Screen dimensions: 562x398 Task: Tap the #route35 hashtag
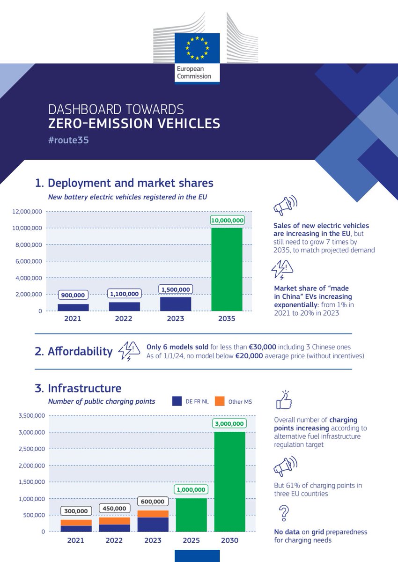(68, 140)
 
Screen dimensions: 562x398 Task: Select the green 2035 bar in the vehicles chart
(227, 269)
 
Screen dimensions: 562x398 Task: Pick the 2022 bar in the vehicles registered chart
(124, 306)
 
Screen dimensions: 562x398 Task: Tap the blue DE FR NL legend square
(177, 401)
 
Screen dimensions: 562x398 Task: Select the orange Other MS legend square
(220, 401)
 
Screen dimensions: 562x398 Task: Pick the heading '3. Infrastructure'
(78, 388)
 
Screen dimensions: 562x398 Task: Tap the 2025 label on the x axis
(192, 540)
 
